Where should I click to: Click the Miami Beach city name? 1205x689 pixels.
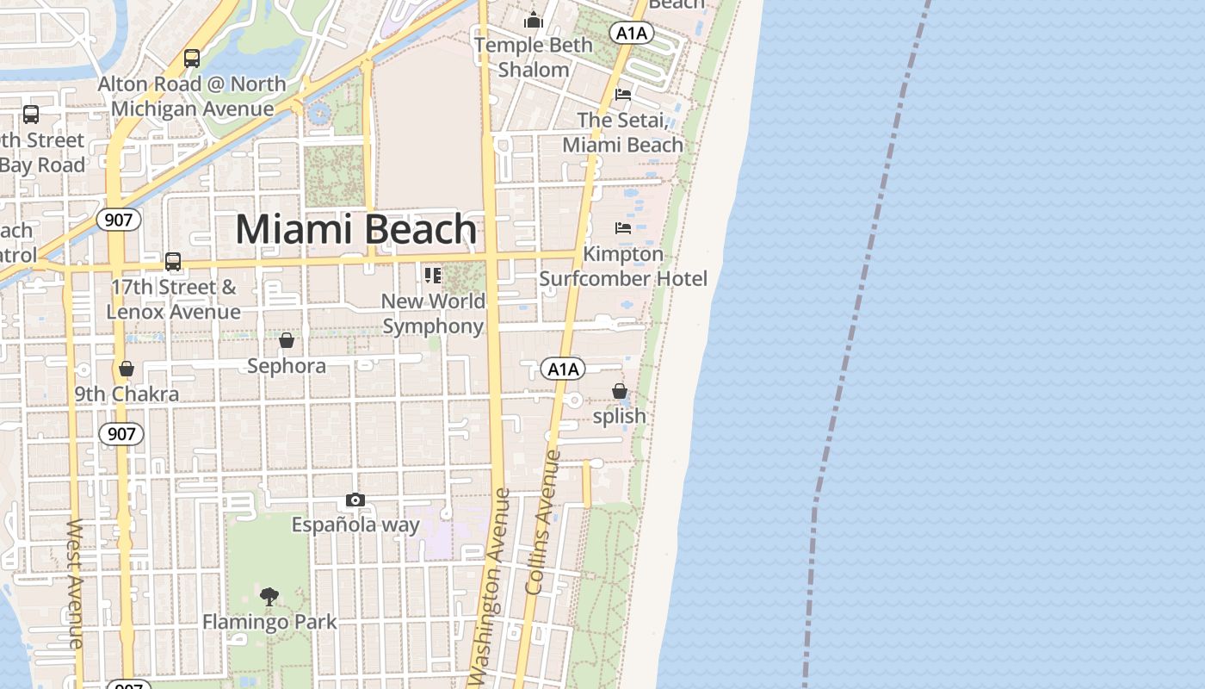pos(355,230)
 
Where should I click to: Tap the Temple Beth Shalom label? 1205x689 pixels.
pos(534,57)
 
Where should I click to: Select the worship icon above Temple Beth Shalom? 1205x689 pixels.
pos(534,19)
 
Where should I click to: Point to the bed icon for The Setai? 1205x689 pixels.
pos(623,95)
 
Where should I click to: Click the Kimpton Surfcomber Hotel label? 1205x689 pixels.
pos(623,266)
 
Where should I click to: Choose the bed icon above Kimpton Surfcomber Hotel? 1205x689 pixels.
pos(623,228)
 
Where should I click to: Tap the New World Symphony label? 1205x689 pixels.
pos(434,313)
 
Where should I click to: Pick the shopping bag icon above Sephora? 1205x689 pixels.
pos(287,341)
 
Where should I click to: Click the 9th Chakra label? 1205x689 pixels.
pos(127,394)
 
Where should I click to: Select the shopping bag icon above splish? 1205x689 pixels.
pos(619,391)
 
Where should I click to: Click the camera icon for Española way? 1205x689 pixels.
pos(355,500)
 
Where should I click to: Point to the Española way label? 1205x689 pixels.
pos(355,525)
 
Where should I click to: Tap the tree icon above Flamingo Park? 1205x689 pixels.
pos(269,596)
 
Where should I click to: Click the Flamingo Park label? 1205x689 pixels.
pos(269,621)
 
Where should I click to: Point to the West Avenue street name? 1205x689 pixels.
pos(76,583)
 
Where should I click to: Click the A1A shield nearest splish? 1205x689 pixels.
pos(563,369)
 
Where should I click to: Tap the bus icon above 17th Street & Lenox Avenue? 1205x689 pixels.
pos(173,262)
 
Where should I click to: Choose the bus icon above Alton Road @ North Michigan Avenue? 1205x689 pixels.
pos(192,59)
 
